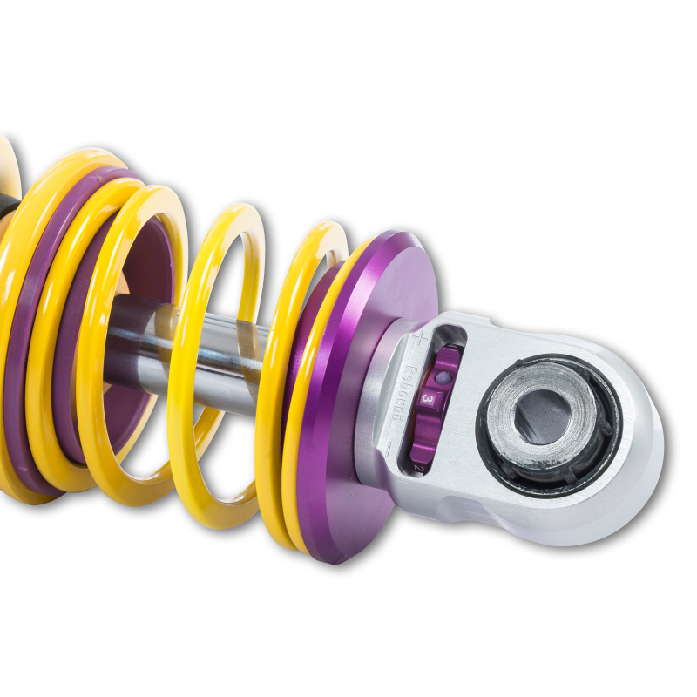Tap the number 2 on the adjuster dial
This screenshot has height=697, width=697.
pyautogui.click(x=419, y=468)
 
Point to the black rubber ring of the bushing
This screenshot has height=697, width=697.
pyautogui.click(x=601, y=453)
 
